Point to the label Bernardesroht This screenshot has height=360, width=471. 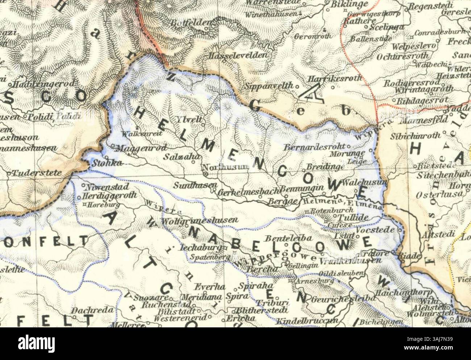[314, 148]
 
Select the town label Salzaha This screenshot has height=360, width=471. [177, 157]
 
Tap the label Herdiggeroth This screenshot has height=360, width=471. [109, 195]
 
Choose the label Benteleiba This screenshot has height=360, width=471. [284, 238]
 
